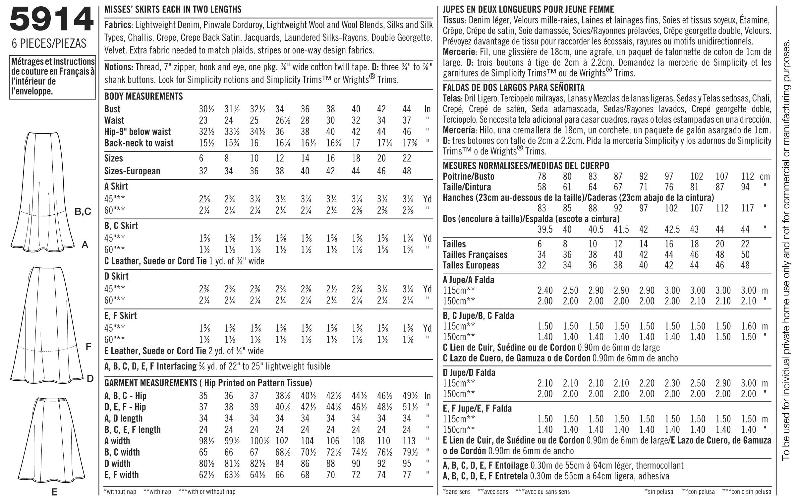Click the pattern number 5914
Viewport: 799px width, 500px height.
51,19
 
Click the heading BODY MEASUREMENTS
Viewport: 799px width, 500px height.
143,96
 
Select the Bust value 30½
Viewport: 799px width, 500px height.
206,109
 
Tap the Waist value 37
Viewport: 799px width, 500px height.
407,120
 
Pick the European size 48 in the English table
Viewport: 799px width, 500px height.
407,171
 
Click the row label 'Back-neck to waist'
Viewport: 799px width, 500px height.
139,143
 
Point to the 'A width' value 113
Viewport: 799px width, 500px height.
409,441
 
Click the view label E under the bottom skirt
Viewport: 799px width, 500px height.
55,492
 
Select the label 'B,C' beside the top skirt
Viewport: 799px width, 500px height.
83,212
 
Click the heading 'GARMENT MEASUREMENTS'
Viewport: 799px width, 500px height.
150,383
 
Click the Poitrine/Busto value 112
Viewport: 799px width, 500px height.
747,176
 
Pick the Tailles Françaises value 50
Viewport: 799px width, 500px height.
745,254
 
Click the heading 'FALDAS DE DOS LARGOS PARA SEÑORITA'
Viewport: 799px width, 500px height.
514,88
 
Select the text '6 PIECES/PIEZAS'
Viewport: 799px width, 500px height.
49,43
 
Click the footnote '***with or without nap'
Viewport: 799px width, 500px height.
206,492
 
